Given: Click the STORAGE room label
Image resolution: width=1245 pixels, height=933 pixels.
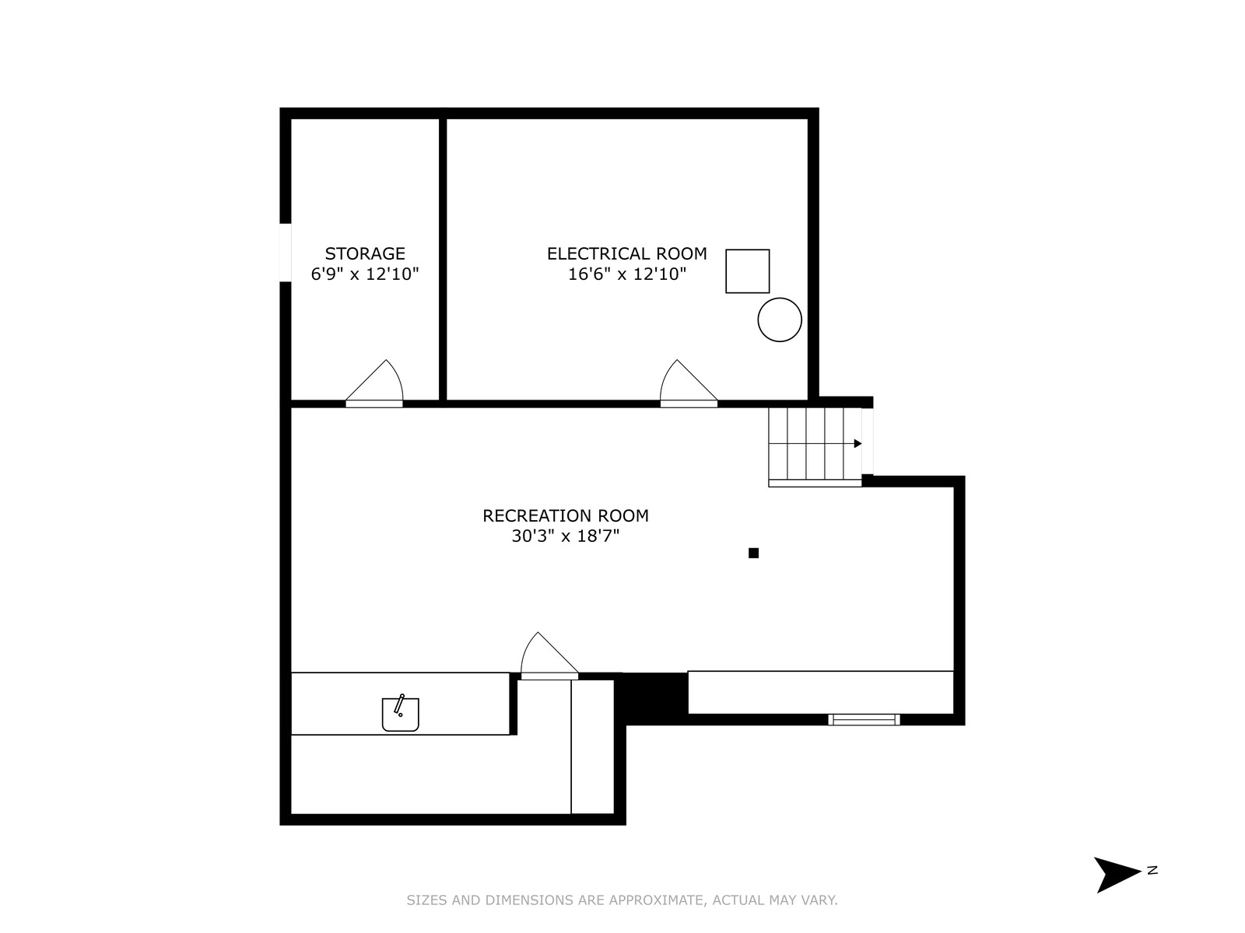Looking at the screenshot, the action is (x=365, y=253).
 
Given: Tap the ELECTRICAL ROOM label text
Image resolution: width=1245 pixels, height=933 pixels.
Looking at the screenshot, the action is (x=626, y=253).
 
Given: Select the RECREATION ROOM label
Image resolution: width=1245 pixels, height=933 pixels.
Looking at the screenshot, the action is (x=566, y=515).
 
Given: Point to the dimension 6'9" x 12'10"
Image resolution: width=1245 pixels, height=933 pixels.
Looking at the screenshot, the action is (x=365, y=274).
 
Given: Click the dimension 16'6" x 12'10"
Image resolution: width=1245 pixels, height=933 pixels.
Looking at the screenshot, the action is (x=626, y=274).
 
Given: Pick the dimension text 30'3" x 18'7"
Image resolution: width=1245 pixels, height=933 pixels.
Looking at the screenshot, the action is (x=566, y=536).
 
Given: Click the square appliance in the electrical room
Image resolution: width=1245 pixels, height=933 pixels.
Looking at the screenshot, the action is (x=748, y=271).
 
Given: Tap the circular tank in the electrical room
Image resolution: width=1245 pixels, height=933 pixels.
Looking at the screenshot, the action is (x=780, y=320).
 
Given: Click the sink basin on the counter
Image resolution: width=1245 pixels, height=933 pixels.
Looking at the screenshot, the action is (x=401, y=715).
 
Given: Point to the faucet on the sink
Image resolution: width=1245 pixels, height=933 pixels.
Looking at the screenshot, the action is (x=399, y=704).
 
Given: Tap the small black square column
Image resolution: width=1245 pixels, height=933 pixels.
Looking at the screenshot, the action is (x=753, y=553).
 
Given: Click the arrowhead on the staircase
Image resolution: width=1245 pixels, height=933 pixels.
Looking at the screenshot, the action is (x=857, y=443).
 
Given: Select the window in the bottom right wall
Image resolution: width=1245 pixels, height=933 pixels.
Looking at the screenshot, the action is (x=864, y=719).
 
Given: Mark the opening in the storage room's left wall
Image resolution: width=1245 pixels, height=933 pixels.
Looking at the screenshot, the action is (x=286, y=252).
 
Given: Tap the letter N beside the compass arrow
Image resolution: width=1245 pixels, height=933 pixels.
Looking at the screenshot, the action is (x=1152, y=870).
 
